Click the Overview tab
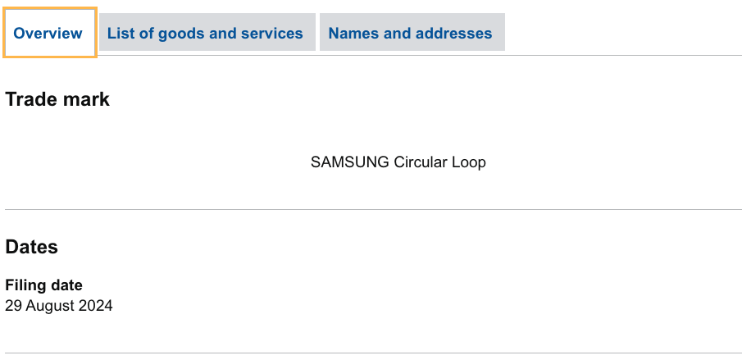(x=48, y=34)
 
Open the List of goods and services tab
(x=205, y=34)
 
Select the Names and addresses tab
(x=410, y=34)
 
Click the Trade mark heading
(x=57, y=100)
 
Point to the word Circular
(x=421, y=162)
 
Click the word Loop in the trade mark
(x=469, y=162)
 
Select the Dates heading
(x=32, y=247)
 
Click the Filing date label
(x=44, y=285)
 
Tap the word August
(x=49, y=307)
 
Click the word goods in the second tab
(x=180, y=34)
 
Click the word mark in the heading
(x=85, y=100)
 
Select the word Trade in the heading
(x=30, y=100)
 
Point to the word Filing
(x=25, y=285)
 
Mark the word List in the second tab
(x=121, y=34)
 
